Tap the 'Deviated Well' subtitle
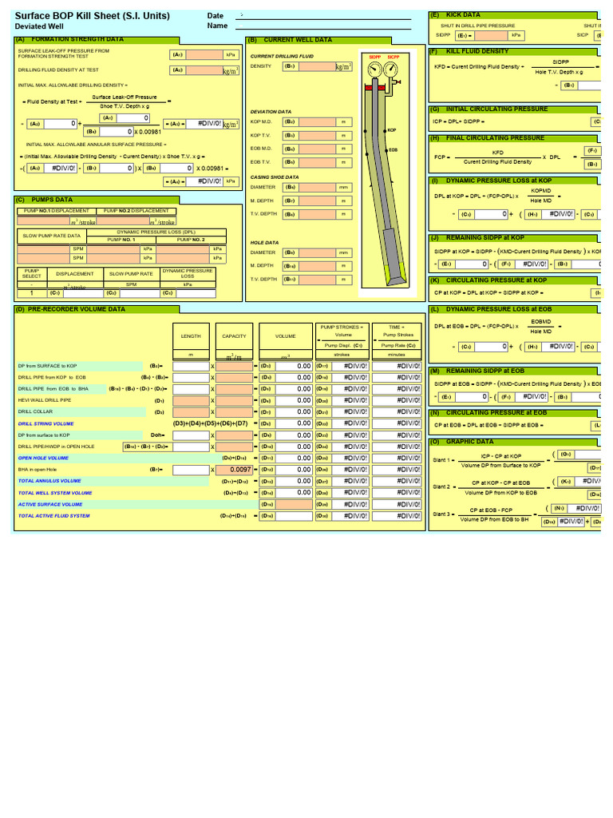pos(39,26)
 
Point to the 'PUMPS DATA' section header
pos(52,199)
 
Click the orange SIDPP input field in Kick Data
pos(491,35)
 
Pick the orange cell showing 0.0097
pos(235,470)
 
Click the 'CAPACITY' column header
pos(234,336)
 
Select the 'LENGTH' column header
pos(191,336)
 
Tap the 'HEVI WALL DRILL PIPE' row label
pos(45,400)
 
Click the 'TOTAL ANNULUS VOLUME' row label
pos(49,482)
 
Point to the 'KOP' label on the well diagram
pos(391,129)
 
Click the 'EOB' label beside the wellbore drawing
pos(392,149)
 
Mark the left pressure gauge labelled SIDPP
pos(374,70)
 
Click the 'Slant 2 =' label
pos(443,486)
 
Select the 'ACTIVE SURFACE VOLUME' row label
pos(51,504)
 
